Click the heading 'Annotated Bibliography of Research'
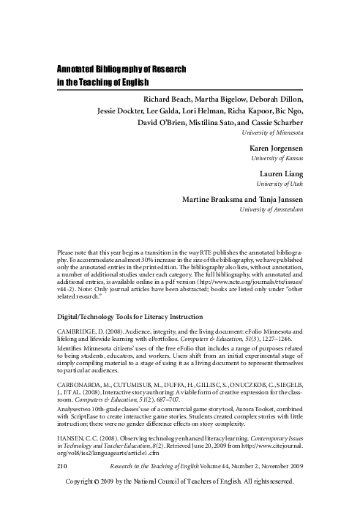click(122, 69)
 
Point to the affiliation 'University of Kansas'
click(278, 159)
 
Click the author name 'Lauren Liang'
click(282, 174)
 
